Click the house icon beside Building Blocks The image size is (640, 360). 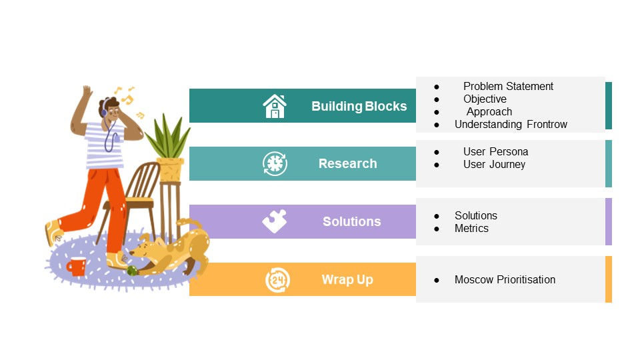coord(275,106)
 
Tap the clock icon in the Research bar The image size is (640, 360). coord(275,164)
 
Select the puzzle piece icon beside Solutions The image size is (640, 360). coord(275,221)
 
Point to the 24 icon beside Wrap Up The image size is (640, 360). coord(277,279)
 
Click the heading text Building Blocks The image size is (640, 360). coord(359,106)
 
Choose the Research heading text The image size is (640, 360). coord(347,164)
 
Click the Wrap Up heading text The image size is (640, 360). coord(347,279)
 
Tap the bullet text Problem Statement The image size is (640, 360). coord(508,86)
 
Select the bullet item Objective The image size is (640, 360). coord(485,99)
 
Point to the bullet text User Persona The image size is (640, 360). coord(495,151)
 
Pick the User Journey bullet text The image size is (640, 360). coord(494,164)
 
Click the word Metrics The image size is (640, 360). coord(471,228)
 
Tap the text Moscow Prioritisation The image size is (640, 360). coord(505,279)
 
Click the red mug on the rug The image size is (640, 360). coord(76,267)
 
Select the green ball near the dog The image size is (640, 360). coord(133,270)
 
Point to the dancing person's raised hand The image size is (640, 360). coord(86,92)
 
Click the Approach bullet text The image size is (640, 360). coord(489,111)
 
